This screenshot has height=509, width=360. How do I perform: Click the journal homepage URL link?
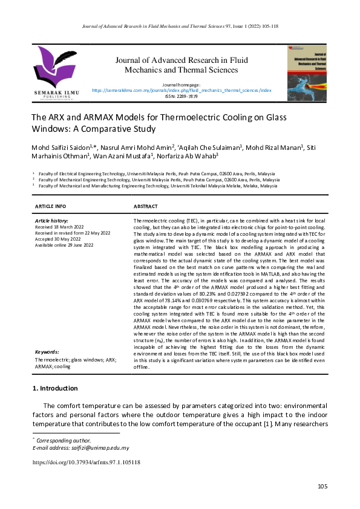pyautogui.click(x=182, y=90)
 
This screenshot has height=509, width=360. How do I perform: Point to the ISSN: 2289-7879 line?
pyautogui.click(x=182, y=96)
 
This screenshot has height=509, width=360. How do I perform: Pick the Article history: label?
pyautogui.click(x=52, y=221)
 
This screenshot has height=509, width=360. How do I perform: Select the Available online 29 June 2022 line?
pyautogui.click(x=65, y=245)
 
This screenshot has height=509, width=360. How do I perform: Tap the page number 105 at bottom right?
pyautogui.click(x=322, y=487)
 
